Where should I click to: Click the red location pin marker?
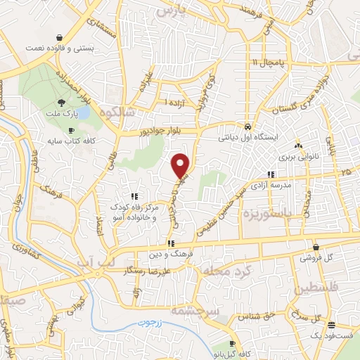(181, 165)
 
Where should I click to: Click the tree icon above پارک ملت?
(63, 103)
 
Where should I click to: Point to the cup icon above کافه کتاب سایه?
(70, 131)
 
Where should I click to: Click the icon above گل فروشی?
(316, 247)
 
